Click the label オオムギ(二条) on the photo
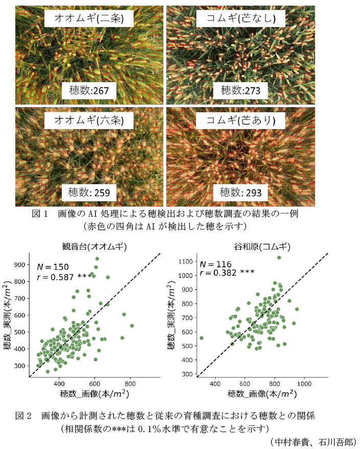point(89,19)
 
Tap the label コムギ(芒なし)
point(242,19)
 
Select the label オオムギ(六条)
point(89,120)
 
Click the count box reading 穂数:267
point(89,91)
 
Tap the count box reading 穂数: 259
point(89,193)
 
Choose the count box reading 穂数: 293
point(241,193)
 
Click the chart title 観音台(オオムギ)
point(95,246)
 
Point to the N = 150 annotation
point(56,266)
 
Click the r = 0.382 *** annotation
point(227,273)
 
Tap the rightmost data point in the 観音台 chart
point(132,326)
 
